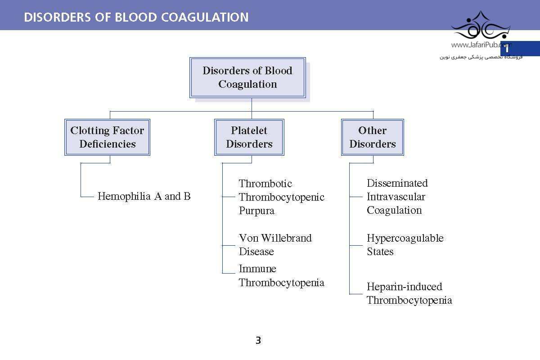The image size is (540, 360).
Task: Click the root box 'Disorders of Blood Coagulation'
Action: click(247, 78)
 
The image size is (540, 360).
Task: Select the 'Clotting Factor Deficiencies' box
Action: click(107, 137)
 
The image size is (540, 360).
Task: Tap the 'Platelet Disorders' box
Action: click(249, 137)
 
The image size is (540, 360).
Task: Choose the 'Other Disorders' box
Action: click(373, 137)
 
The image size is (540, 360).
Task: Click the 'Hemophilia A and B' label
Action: click(144, 196)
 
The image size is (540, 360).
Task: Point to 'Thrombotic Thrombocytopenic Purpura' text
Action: click(282, 197)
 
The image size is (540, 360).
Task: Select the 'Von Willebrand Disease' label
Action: click(275, 245)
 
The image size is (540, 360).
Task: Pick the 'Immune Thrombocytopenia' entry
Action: click(282, 275)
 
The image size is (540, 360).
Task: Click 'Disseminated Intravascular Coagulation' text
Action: click(397, 197)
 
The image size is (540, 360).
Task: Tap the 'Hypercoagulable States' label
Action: click(405, 245)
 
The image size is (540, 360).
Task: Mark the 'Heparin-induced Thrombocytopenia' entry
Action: click(409, 293)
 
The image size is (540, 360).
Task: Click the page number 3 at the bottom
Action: click(258, 340)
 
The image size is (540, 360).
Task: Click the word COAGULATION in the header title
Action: click(205, 18)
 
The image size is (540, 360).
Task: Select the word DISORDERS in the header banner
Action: click(58, 18)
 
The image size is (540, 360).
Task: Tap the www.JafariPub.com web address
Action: click(480, 45)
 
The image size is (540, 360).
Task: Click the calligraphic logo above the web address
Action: click(481, 25)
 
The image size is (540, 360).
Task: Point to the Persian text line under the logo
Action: click(481, 57)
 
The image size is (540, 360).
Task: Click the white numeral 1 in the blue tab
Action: click(507, 49)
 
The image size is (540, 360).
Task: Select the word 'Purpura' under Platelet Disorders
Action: click(256, 211)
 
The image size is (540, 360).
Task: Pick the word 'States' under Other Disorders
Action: click(380, 252)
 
